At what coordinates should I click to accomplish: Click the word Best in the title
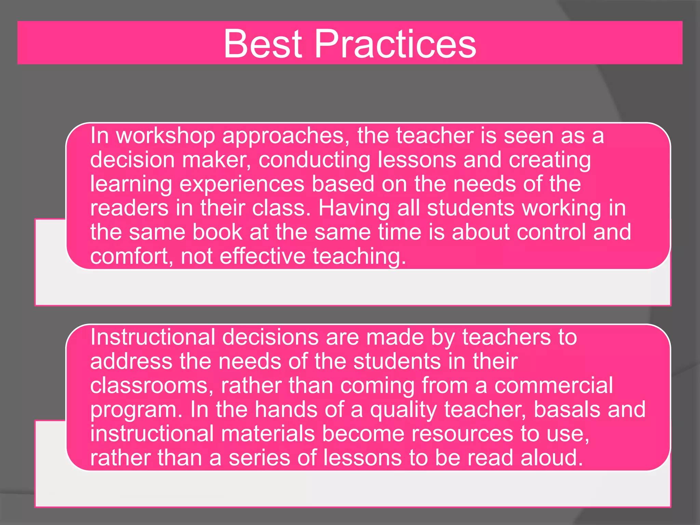(263, 44)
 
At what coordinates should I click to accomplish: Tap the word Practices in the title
(395, 44)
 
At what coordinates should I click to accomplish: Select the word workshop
(165, 136)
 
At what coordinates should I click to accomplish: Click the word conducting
(314, 160)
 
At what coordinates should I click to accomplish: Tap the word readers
(129, 208)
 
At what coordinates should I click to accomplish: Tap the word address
(131, 362)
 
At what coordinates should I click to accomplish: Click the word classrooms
(149, 386)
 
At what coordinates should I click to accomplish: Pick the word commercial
(553, 386)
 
